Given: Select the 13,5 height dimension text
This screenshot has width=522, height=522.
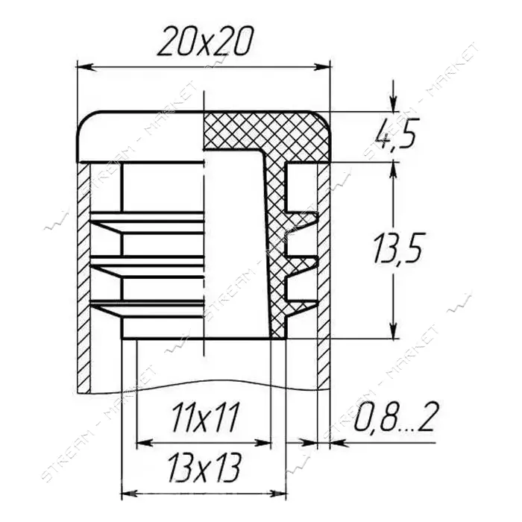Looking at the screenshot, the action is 397,248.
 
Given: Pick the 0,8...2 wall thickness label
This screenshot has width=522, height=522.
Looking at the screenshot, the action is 394,416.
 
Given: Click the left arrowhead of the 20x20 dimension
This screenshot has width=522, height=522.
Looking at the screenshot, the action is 84,66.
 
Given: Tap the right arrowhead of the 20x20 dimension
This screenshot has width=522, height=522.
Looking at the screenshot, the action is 322,66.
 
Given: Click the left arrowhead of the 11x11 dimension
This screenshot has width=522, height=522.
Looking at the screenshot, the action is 145,443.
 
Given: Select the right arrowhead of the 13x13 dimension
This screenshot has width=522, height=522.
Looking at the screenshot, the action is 278,494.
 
